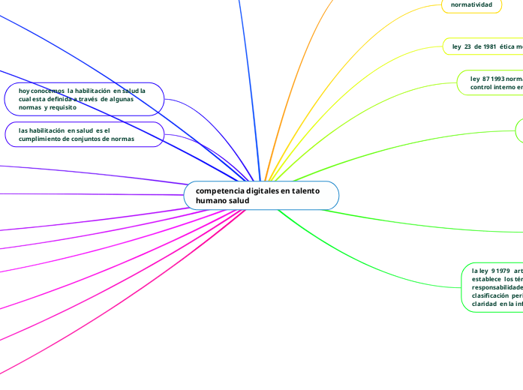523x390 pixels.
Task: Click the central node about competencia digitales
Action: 261,196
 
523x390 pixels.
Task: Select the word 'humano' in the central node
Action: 212,201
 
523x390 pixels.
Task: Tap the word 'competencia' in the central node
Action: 218,190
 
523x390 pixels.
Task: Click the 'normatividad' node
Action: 471,4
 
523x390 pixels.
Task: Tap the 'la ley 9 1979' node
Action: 492,286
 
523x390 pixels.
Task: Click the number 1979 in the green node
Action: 500,269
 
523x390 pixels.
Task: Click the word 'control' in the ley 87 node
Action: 483,87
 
